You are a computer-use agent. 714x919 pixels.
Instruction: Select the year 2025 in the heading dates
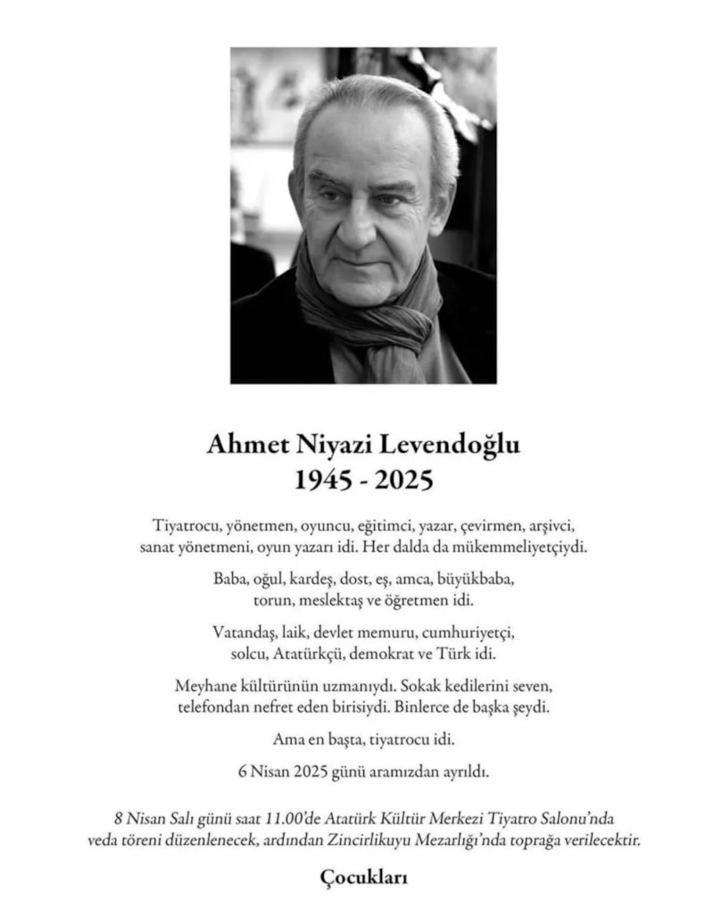(x=403, y=480)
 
